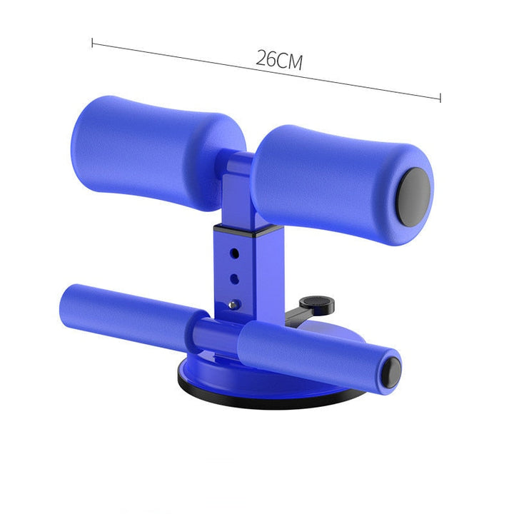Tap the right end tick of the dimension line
point(440,98)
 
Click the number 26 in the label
point(266,59)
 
